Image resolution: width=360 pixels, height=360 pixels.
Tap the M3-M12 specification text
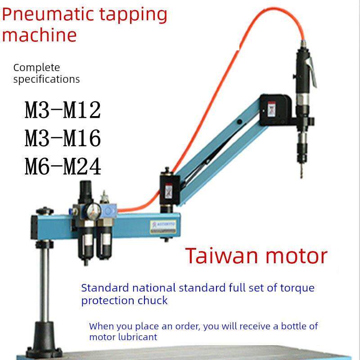point(63,110)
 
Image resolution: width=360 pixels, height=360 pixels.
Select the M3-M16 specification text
point(63,138)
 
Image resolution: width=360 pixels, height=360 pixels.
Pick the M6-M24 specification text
point(63,166)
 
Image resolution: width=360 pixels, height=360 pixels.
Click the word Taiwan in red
point(221,256)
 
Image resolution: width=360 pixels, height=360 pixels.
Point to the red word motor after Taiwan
point(297,256)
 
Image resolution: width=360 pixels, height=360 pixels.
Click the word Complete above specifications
point(36,68)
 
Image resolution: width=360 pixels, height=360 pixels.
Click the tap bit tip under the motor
point(301,177)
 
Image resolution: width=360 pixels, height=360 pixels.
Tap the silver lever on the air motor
point(313,72)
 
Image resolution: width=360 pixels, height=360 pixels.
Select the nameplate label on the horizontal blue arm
point(163,227)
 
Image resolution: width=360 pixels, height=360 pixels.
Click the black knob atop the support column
point(45,211)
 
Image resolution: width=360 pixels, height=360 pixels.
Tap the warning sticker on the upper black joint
point(272,109)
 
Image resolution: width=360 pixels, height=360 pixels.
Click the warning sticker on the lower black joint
point(169,191)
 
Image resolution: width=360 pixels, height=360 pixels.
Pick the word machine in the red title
point(39,36)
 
